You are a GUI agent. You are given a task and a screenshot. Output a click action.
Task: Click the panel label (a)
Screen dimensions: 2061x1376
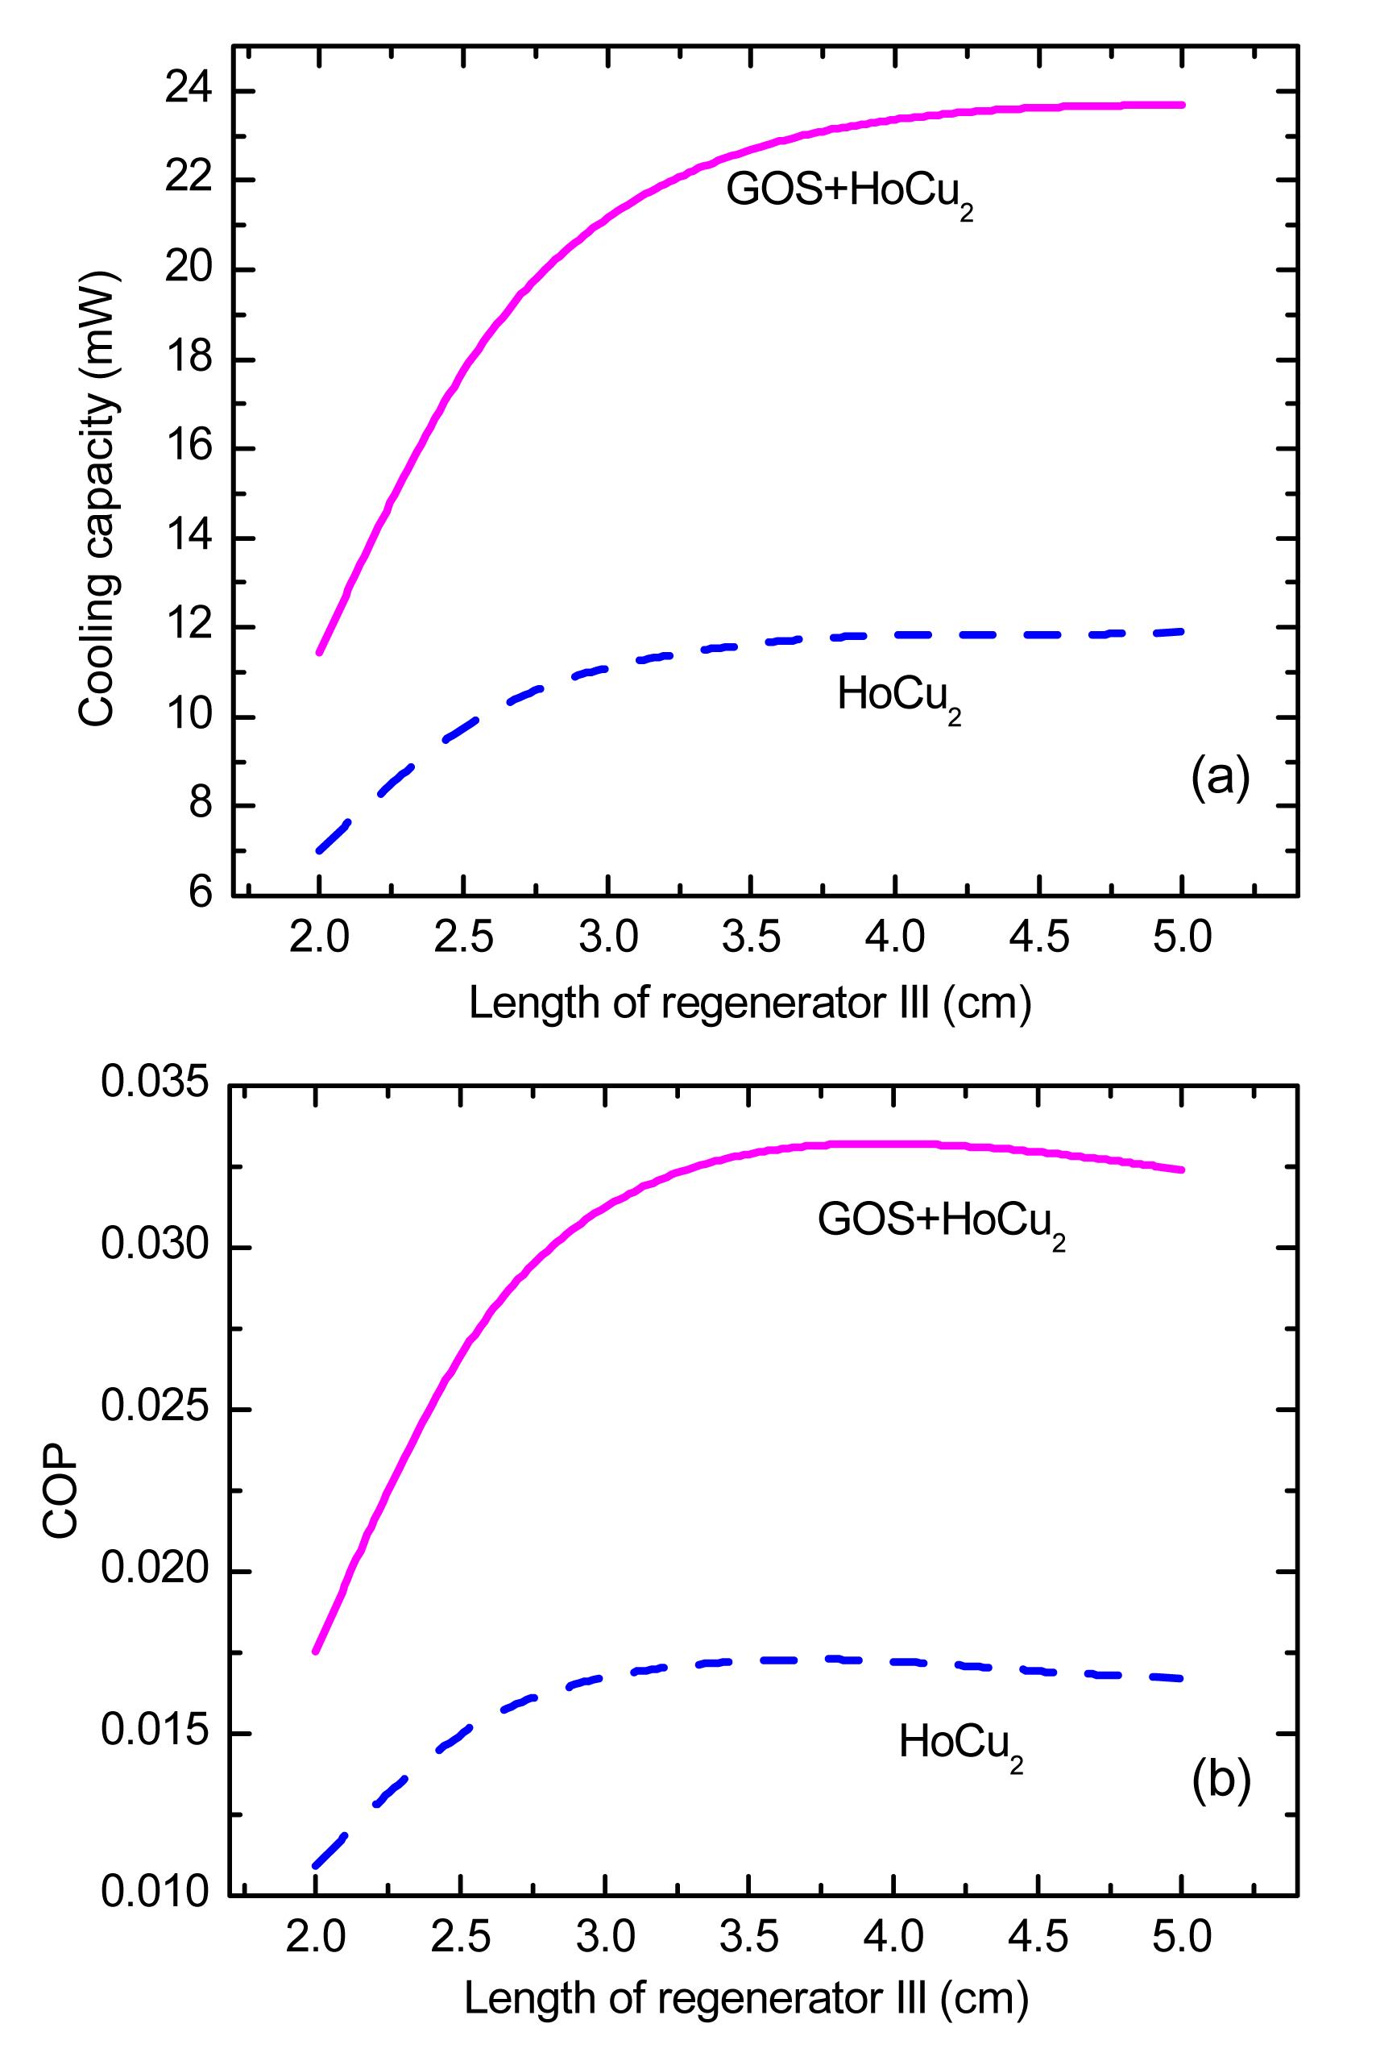(x=1220, y=778)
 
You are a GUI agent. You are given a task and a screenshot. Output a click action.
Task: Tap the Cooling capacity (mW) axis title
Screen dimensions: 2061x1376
(x=97, y=499)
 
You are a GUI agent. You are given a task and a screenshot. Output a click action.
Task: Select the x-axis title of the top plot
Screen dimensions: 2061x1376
(x=749, y=1003)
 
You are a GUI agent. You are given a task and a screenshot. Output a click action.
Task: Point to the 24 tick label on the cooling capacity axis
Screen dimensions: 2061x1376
(x=189, y=91)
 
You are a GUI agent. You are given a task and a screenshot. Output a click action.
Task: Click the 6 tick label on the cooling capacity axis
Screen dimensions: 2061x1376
(x=200, y=895)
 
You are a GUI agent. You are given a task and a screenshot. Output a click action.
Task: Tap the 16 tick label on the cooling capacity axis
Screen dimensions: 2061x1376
(x=189, y=448)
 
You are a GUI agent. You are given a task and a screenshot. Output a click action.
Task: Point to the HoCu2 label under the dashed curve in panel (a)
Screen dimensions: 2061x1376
(x=898, y=699)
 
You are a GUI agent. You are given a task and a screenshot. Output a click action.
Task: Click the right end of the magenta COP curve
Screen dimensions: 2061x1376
(x=1182, y=1170)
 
